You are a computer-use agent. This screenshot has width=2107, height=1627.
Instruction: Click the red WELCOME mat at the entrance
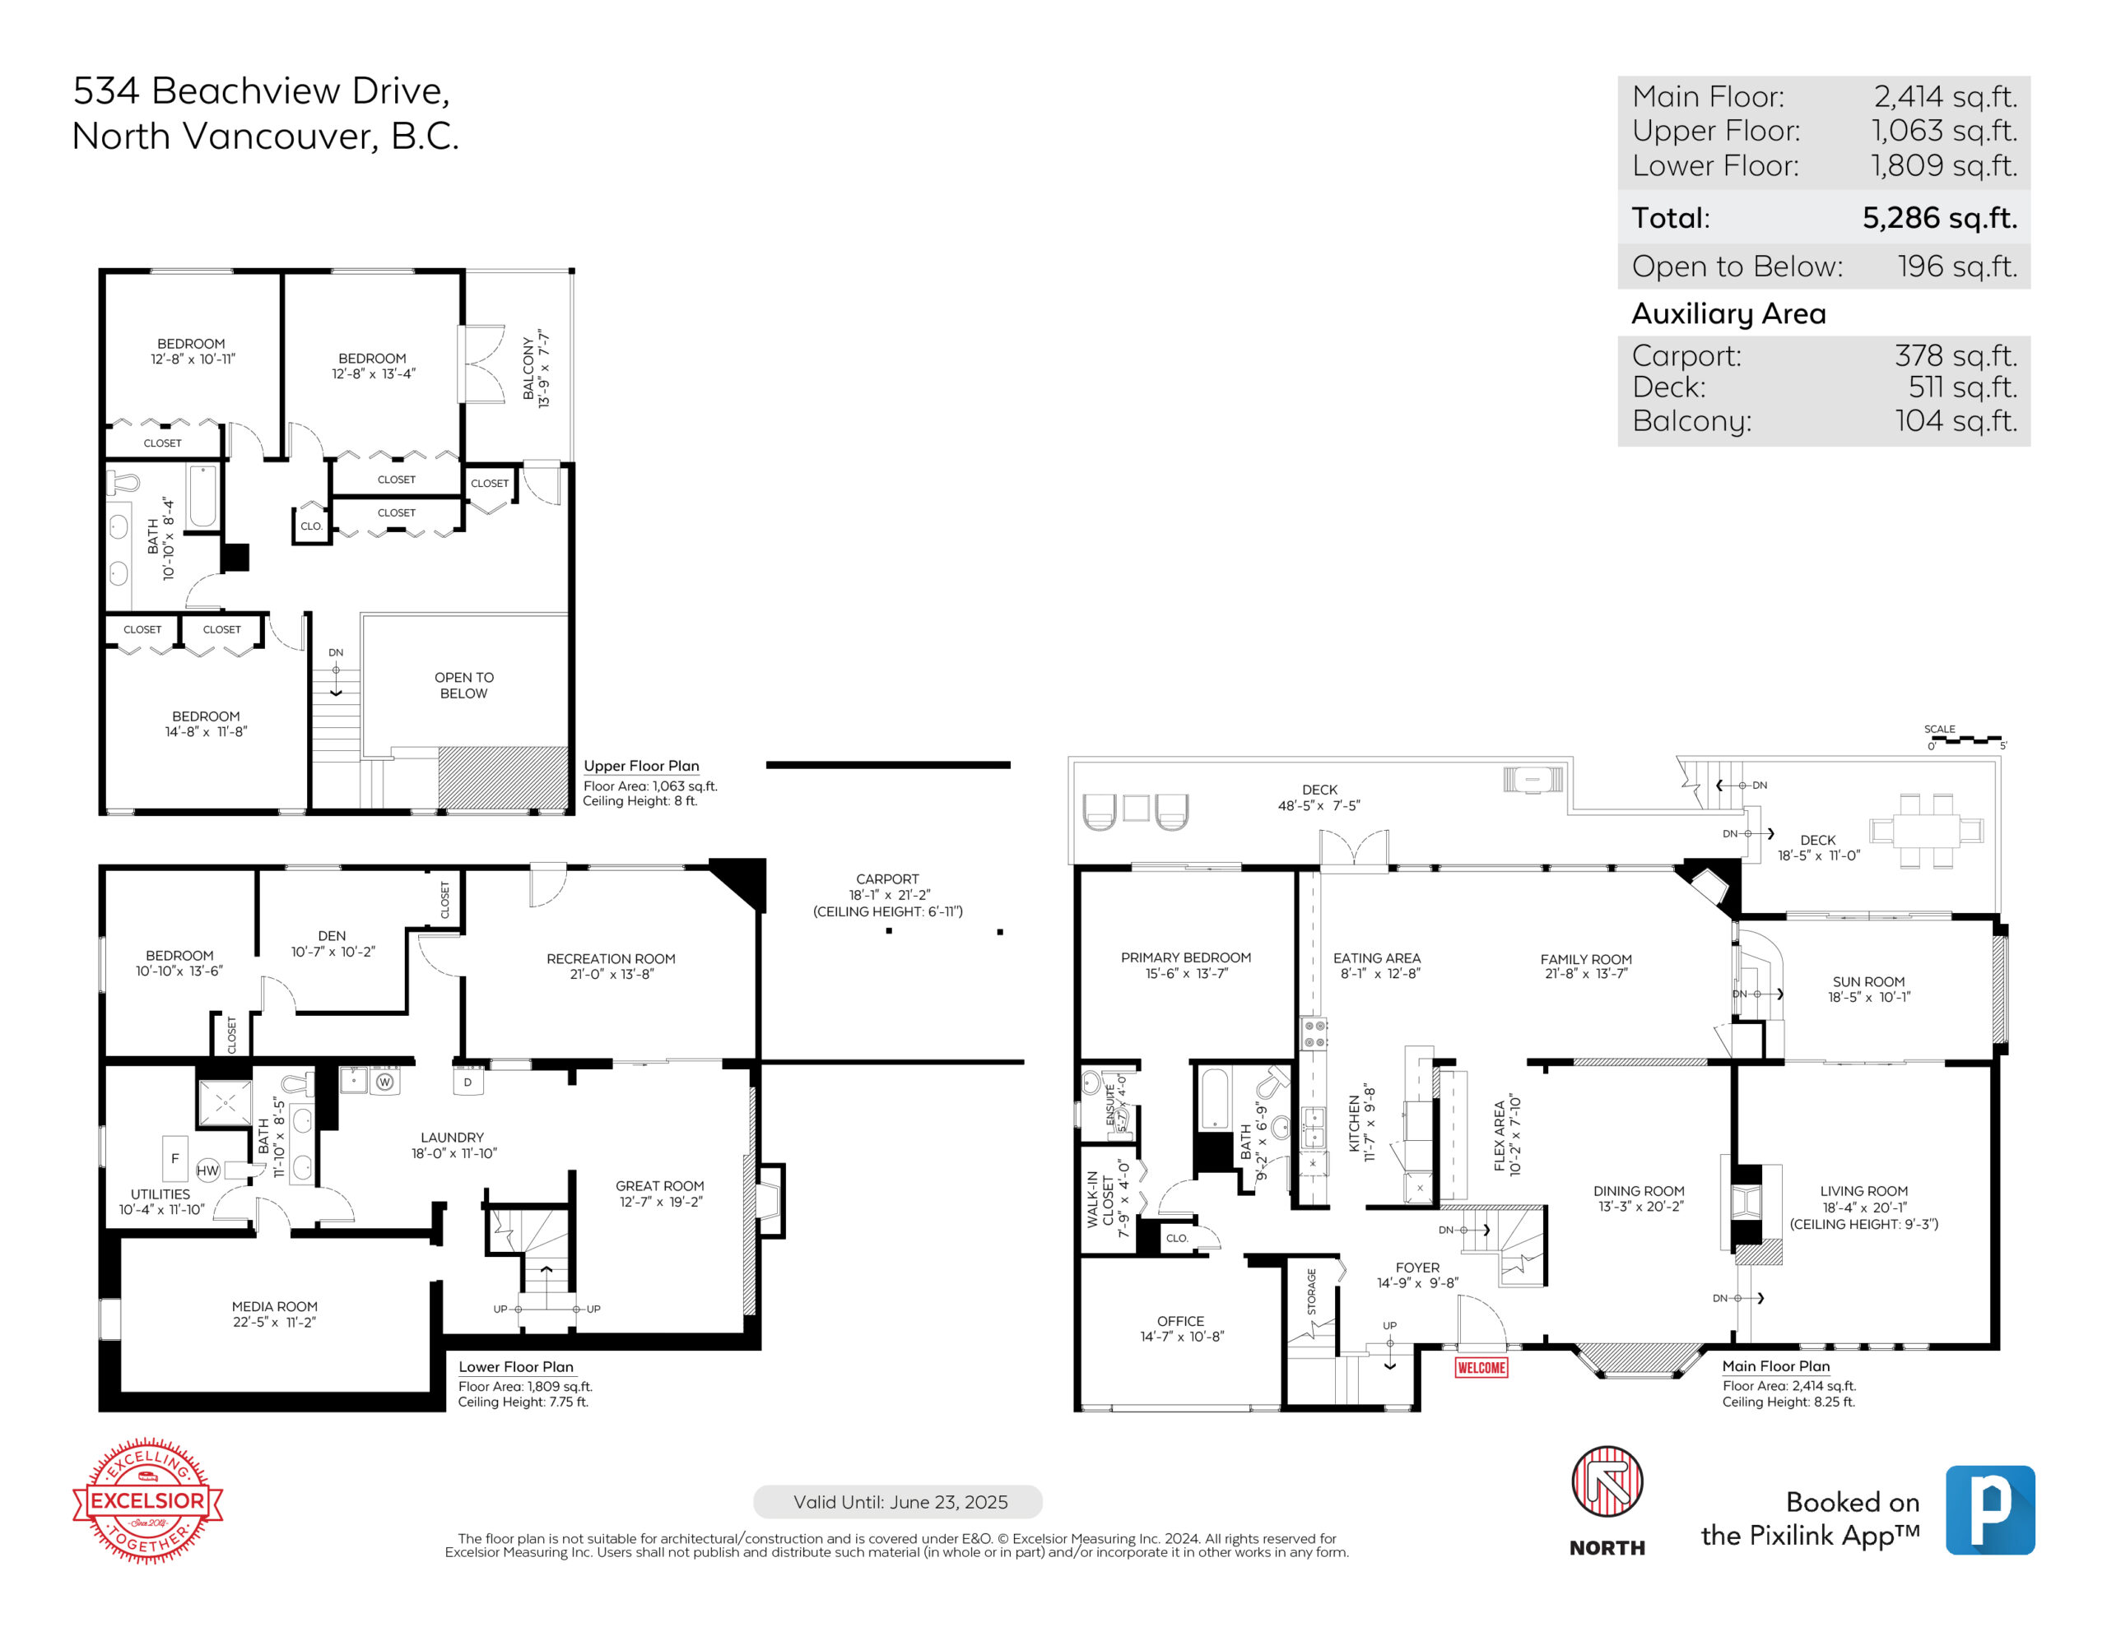click(x=1481, y=1368)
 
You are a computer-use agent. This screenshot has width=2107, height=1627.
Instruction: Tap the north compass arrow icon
click(x=1607, y=1481)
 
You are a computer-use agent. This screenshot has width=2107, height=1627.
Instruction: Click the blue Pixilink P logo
click(x=1990, y=1510)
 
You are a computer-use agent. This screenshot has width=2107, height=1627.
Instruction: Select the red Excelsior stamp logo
click(x=147, y=1500)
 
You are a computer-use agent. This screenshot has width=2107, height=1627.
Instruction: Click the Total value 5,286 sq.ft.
click(x=1939, y=218)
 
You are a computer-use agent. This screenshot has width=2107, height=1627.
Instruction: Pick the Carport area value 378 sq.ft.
click(x=1956, y=356)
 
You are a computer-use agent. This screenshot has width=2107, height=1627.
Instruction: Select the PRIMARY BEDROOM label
click(x=1186, y=957)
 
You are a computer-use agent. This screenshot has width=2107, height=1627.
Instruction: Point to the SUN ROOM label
click(x=1868, y=982)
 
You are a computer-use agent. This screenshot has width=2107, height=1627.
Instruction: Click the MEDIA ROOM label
click(x=274, y=1307)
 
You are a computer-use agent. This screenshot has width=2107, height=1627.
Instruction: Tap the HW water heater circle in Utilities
click(x=207, y=1170)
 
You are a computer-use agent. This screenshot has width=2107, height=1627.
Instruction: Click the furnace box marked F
click(x=174, y=1158)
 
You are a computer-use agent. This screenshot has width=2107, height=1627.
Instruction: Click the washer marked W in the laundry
click(x=385, y=1082)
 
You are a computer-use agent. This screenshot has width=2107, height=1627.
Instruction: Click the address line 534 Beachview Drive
click(x=262, y=90)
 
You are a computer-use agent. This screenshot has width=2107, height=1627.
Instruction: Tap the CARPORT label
click(x=887, y=879)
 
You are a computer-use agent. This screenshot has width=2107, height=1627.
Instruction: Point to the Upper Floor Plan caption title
click(x=641, y=766)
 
